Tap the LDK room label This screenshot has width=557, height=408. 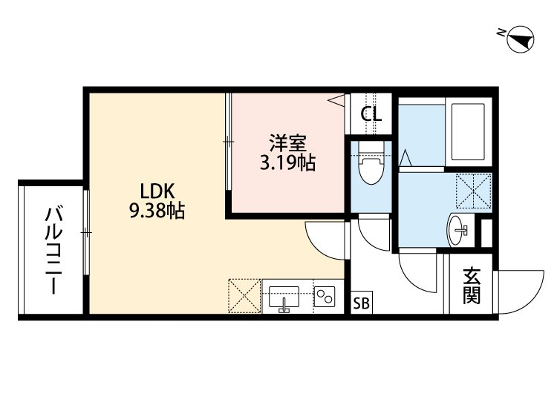coord(157,191)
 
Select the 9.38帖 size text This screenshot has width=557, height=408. coord(157,211)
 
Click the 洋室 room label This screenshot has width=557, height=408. coord(287,143)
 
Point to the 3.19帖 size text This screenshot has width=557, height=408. coord(287,163)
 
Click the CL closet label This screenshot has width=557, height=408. coord(371,114)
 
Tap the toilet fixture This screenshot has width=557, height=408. coord(371,163)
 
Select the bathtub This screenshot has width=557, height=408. coord(468,131)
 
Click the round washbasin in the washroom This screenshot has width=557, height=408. coord(457,230)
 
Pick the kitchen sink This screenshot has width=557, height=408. coord(284,297)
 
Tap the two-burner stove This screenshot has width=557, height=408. coord(325,296)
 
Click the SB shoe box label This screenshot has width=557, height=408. coord(362,303)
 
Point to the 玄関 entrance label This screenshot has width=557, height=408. coord(472,286)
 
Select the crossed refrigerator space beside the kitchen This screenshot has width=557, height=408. coord(245,296)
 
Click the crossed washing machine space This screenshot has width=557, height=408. coord(474,191)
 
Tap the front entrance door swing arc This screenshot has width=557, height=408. coord(532,302)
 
